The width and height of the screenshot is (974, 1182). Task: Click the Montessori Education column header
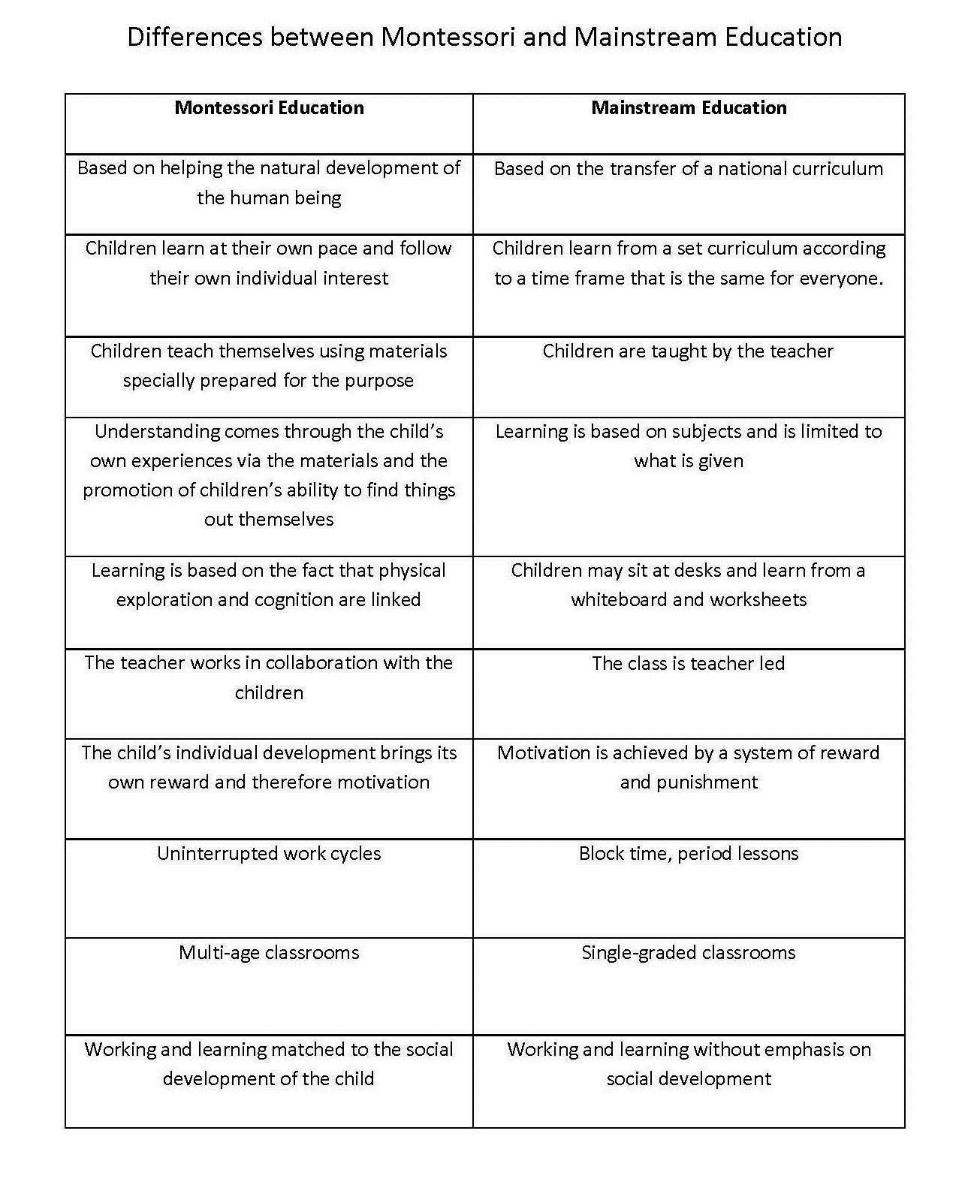pos(269,108)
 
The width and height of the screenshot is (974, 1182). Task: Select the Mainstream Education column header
pos(689,108)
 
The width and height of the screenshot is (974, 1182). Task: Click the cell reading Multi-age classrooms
pos(269,953)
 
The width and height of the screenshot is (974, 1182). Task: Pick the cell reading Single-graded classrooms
pos(688,953)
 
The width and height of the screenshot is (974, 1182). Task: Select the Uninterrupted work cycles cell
pos(269,854)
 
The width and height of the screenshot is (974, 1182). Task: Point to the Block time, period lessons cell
pos(688,854)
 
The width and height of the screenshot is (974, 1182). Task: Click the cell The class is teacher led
pos(688,663)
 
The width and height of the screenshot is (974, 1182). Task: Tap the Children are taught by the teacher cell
pos(688,351)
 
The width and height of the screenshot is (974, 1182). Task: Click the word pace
pos(337,249)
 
